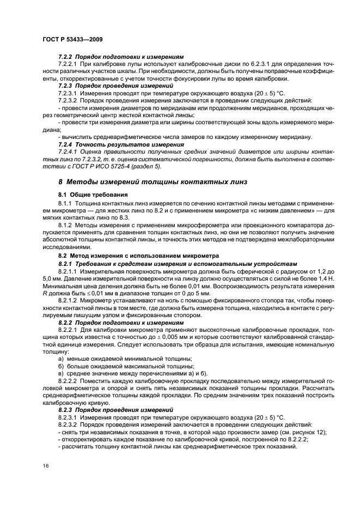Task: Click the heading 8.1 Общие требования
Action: coord(93,195)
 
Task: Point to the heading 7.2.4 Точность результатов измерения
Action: coord(121,144)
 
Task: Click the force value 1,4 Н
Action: coord(310,277)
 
